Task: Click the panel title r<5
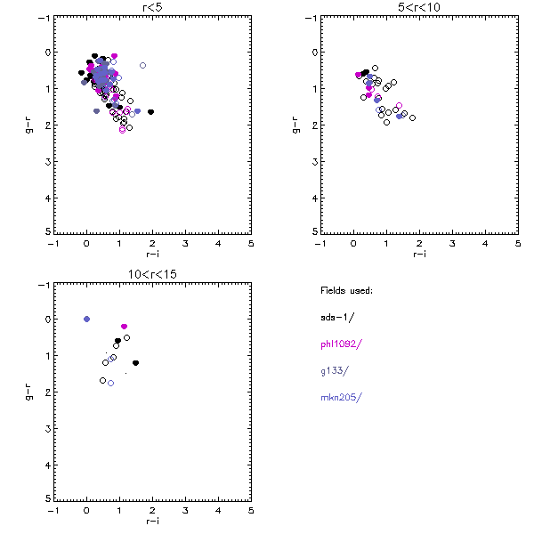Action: click(152, 8)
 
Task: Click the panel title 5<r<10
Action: click(419, 8)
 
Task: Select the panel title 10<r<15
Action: click(152, 275)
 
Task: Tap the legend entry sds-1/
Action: click(336, 316)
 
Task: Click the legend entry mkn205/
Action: click(341, 397)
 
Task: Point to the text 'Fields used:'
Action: click(346, 289)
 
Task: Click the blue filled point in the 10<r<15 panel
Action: click(87, 319)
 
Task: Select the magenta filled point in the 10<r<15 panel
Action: click(124, 327)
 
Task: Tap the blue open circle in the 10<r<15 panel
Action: click(111, 383)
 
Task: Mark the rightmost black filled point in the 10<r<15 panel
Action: click(135, 362)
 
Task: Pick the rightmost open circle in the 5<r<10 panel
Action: click(412, 117)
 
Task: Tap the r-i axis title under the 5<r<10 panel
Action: click(419, 254)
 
